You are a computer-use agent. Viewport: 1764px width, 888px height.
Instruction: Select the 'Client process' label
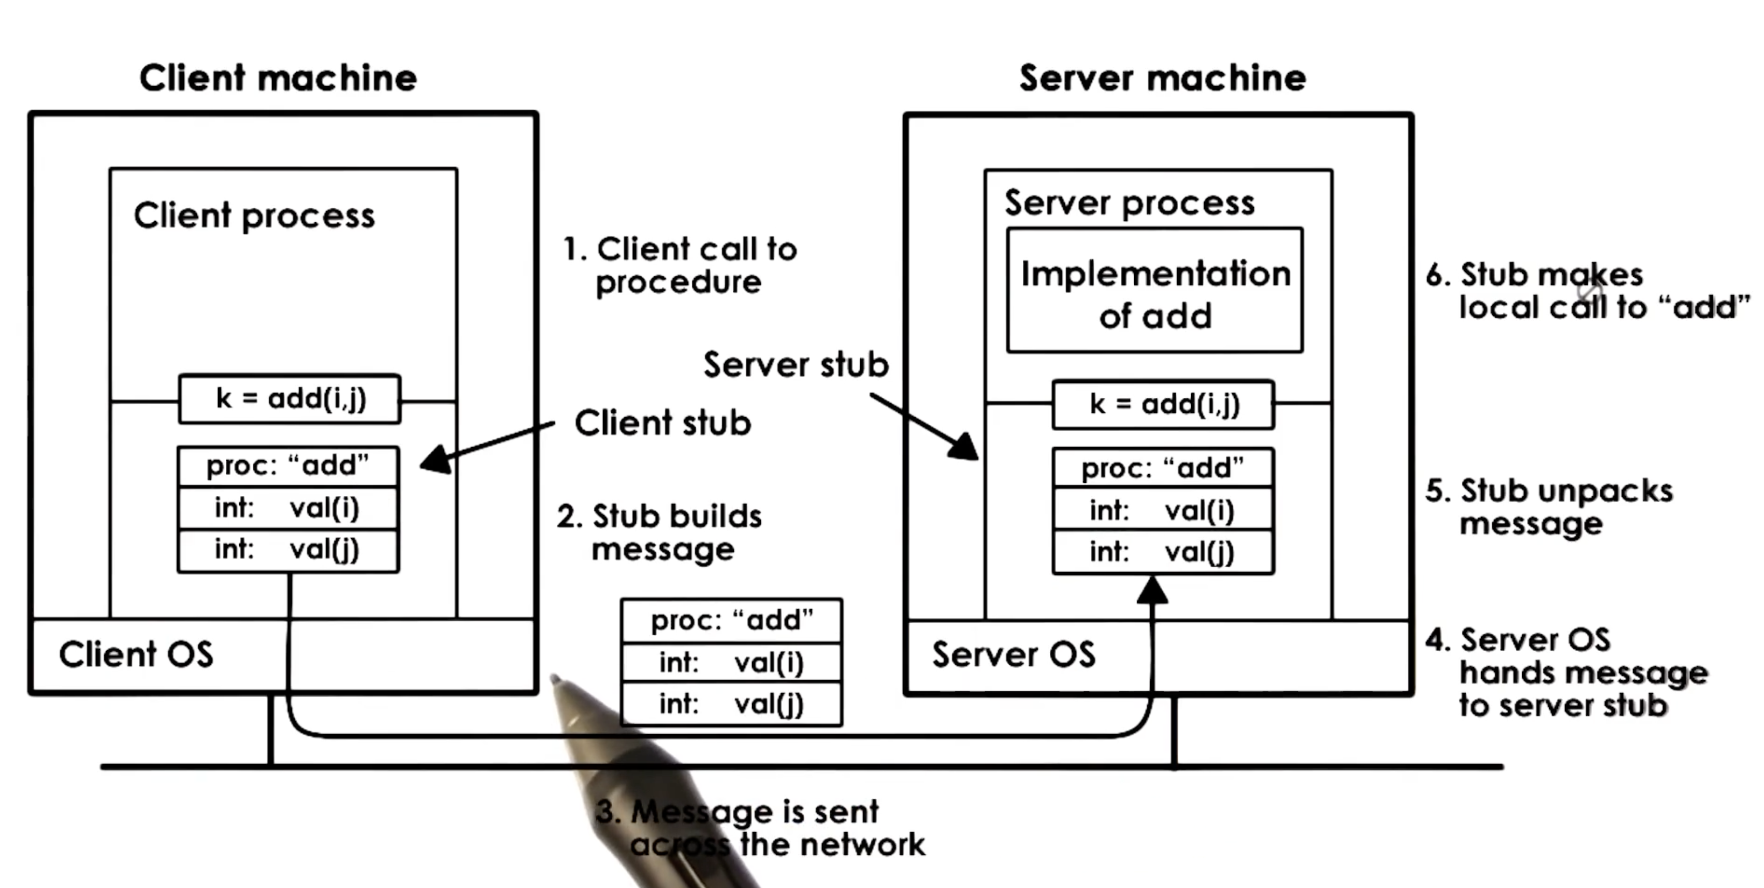pyautogui.click(x=254, y=216)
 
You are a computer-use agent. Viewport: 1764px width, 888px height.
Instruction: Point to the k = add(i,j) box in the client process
pyautogui.click(x=290, y=399)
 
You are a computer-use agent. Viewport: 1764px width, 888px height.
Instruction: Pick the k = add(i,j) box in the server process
pyautogui.click(x=1163, y=404)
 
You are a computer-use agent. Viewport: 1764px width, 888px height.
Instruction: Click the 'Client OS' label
pyautogui.click(x=136, y=654)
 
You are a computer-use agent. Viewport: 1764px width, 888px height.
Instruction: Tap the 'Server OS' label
pyautogui.click(x=1014, y=654)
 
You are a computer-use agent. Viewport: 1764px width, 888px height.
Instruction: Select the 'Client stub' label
pyautogui.click(x=662, y=423)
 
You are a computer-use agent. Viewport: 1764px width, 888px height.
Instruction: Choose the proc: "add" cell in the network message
pyautogui.click(x=731, y=621)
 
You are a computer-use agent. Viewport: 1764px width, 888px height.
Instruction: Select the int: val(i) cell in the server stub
pyautogui.click(x=1163, y=510)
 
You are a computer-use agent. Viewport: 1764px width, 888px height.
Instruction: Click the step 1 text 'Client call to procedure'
pyautogui.click(x=679, y=266)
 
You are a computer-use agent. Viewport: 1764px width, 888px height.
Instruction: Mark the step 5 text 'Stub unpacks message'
pyautogui.click(x=1549, y=508)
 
